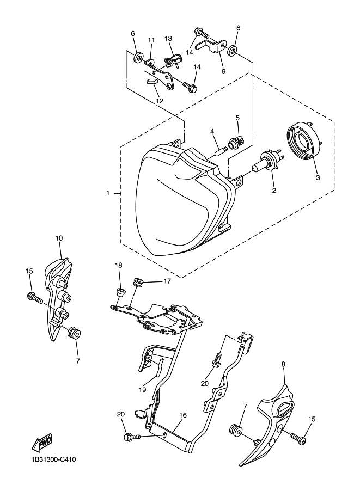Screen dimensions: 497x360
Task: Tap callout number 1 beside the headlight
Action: tap(108, 193)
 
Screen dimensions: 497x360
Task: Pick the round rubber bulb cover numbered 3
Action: tap(303, 144)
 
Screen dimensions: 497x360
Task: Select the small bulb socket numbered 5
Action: tap(236, 143)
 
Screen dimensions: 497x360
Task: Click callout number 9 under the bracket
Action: tap(223, 71)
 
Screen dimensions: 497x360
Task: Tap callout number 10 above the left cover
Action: tap(59, 238)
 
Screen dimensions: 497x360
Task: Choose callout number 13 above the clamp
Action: tap(168, 39)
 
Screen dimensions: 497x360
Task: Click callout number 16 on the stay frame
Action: tap(183, 415)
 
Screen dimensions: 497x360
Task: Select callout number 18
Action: tap(118, 265)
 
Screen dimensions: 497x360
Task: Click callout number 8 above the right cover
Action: tap(283, 363)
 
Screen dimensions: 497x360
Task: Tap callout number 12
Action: tap(159, 100)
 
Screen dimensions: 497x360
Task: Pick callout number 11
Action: tap(151, 40)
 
